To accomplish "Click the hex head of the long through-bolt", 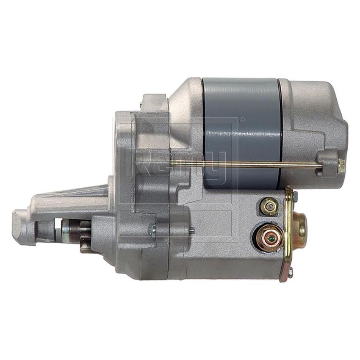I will click(341, 165).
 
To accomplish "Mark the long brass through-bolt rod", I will click(246, 163).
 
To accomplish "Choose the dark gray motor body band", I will click(241, 127).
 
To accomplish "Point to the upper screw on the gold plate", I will click(294, 196).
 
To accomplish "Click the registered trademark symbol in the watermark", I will click(242, 120).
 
